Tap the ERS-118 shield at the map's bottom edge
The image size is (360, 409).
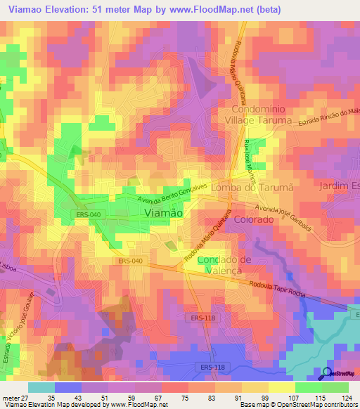tap(207, 367)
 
